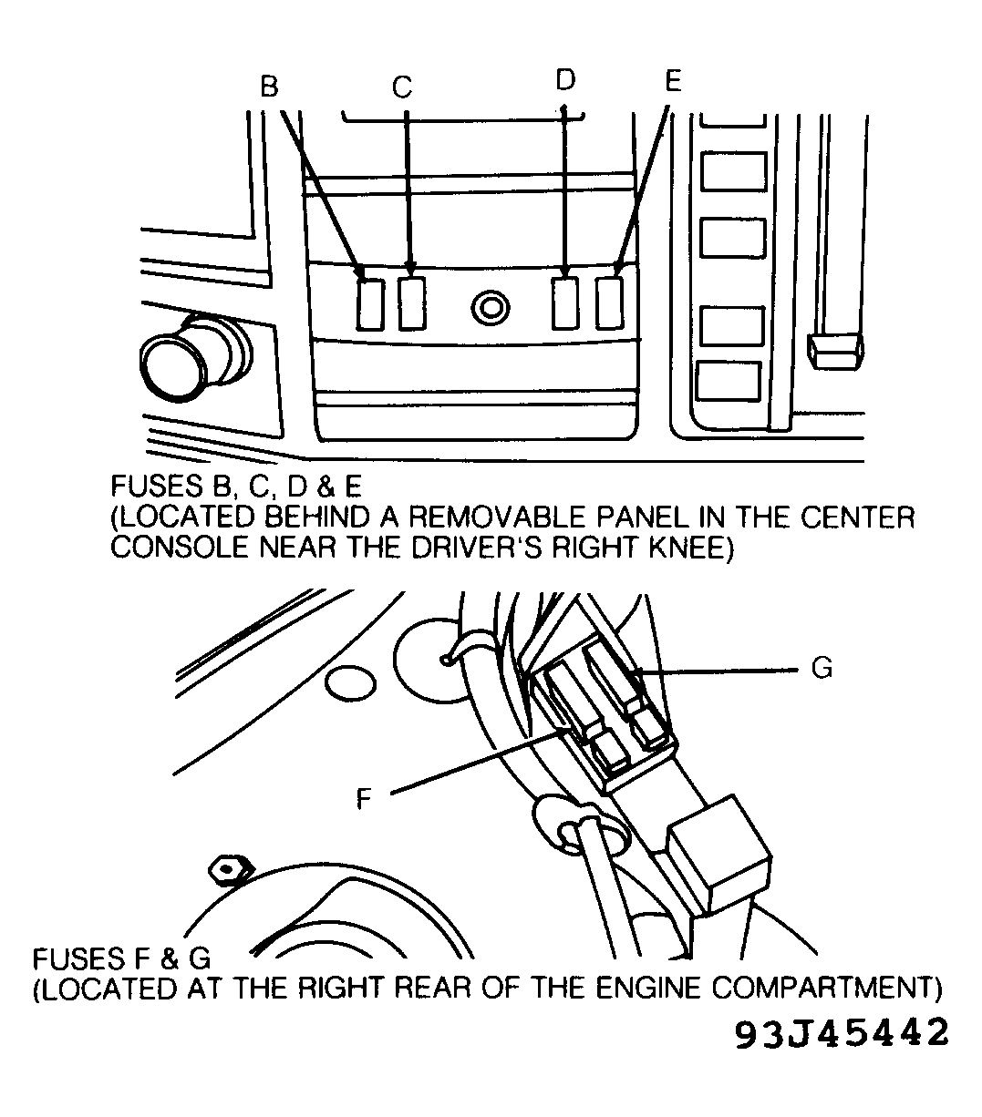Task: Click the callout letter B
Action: (269, 87)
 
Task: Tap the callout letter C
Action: (402, 87)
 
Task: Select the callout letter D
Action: (565, 80)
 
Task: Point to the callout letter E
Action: (673, 80)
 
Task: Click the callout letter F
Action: (364, 798)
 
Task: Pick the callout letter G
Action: (822, 668)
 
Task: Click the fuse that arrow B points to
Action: (370, 305)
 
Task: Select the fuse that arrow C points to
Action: (412, 303)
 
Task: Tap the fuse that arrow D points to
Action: (565, 303)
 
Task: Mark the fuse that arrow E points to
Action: (610, 303)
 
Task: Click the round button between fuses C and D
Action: (491, 308)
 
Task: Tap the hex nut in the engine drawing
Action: (230, 870)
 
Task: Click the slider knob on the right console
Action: (835, 351)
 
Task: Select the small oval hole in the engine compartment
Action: (350, 683)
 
